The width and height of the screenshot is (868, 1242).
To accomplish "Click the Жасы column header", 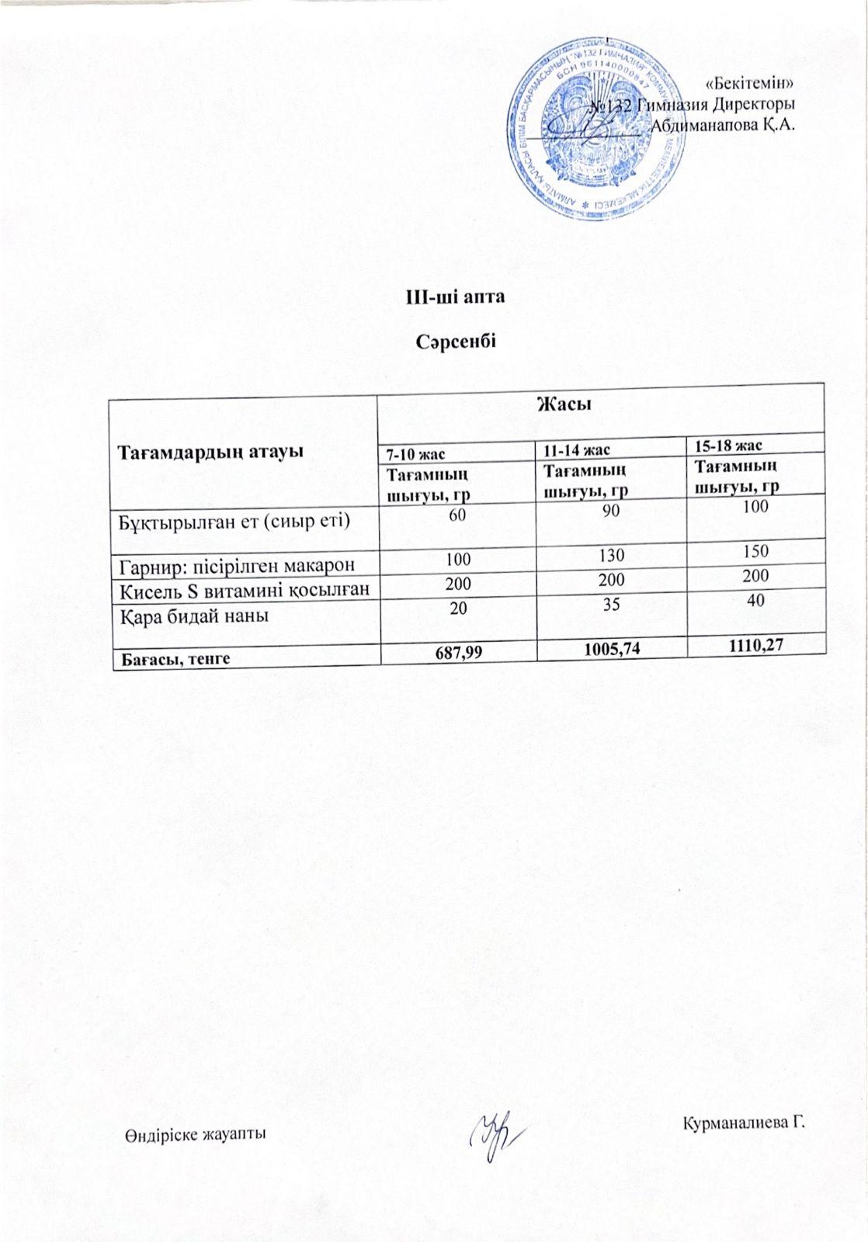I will (x=598, y=404).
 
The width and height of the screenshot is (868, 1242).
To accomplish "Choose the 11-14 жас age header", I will (x=575, y=449).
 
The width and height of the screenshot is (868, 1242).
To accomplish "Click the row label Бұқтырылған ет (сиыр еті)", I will (x=233, y=519).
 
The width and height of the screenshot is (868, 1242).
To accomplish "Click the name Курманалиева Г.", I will (x=741, y=1123).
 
